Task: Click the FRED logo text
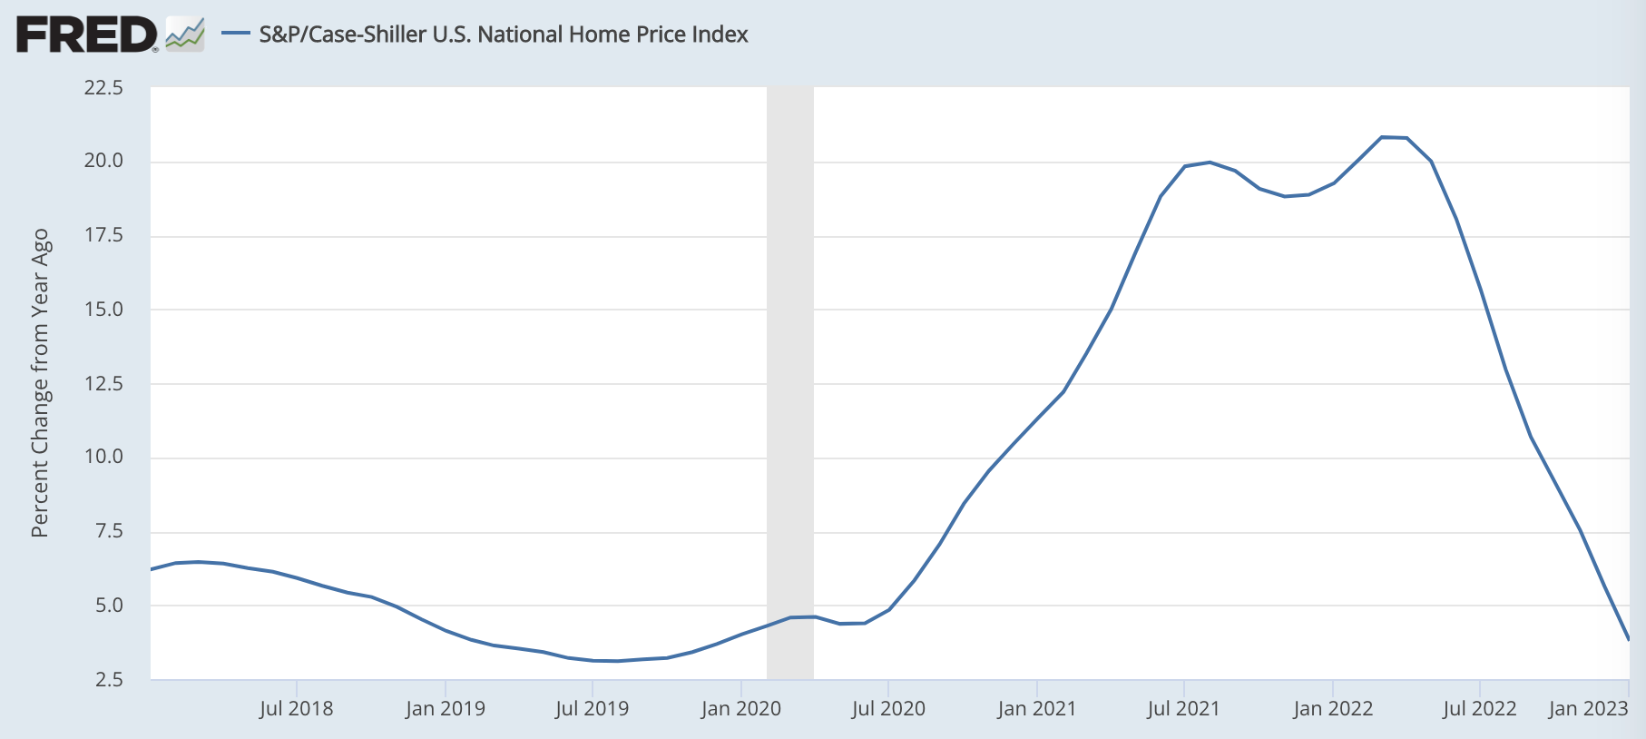[87, 34]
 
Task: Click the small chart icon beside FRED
[185, 34]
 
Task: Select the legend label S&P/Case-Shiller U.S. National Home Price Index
[503, 34]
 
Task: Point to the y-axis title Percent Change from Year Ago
[40, 383]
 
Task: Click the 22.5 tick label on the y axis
[103, 88]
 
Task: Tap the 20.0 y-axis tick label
[103, 161]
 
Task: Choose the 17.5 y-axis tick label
[103, 235]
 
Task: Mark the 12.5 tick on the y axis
[103, 383]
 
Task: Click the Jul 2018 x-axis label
[296, 709]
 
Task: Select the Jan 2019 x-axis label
[445, 709]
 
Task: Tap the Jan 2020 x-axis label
[740, 709]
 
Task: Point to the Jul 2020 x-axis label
[888, 709]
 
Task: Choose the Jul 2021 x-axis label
[1183, 709]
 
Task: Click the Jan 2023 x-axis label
[1588, 709]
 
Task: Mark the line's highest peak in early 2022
[1382, 137]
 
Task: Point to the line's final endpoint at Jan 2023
[1629, 639]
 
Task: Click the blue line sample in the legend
[236, 34]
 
